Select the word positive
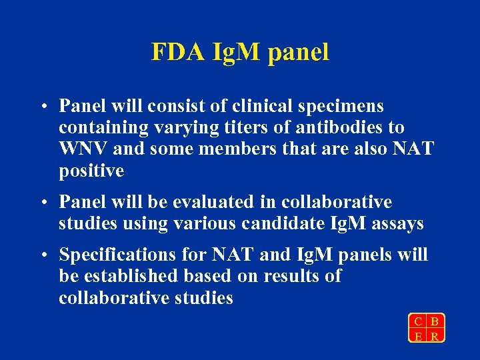pos(91,171)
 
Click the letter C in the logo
pos(417,320)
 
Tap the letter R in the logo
pos(435,335)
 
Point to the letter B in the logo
pos(435,320)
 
